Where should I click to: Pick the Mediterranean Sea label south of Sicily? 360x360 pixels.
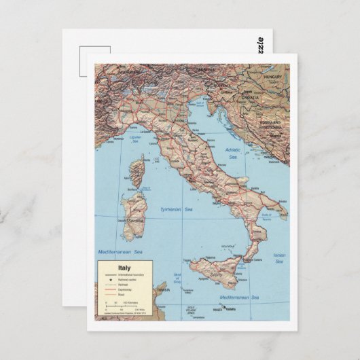(x=239, y=297)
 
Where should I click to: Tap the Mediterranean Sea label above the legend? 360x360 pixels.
(x=120, y=252)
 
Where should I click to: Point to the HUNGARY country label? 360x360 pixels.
(x=272, y=77)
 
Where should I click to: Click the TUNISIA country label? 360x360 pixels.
(x=163, y=290)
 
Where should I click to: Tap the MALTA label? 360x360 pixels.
(x=217, y=310)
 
